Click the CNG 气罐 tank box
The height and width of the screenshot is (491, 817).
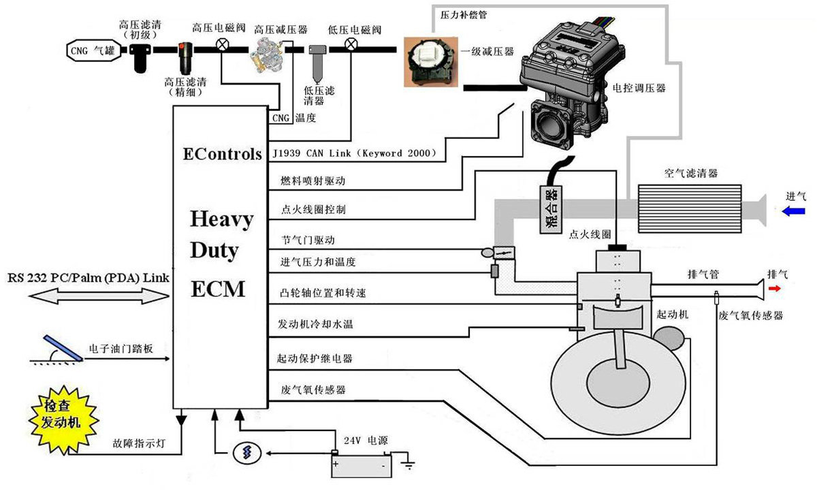(94, 50)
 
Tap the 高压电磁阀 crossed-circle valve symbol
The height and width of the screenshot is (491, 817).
(222, 45)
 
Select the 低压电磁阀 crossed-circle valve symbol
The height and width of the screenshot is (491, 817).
(351, 45)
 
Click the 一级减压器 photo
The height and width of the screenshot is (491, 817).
(431, 62)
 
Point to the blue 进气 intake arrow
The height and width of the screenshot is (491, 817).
(793, 211)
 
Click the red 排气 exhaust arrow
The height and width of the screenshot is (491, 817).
(774, 289)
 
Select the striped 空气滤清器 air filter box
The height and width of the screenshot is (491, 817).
(690, 208)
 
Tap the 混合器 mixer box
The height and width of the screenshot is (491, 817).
(550, 209)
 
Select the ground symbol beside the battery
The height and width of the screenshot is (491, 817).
(408, 464)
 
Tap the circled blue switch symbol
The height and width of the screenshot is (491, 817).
(247, 453)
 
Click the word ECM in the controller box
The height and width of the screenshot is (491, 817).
(218, 289)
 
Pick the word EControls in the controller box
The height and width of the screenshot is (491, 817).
(223, 154)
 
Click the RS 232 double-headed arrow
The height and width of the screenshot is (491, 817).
(99, 296)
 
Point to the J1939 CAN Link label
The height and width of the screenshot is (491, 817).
(355, 153)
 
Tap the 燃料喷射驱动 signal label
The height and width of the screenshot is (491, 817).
(313, 180)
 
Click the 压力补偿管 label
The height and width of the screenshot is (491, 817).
(464, 15)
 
